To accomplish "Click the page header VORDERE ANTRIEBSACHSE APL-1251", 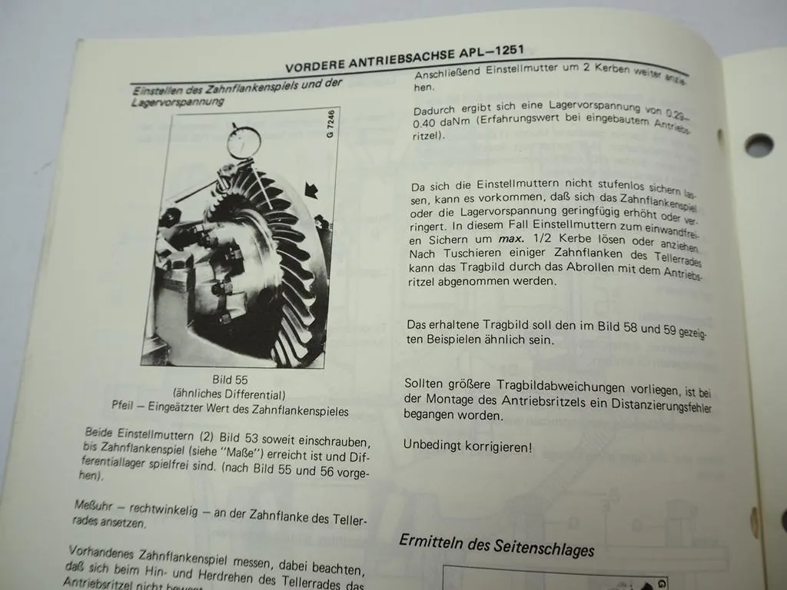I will pyautogui.click(x=404, y=58).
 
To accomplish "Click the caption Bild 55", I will pyautogui.click(x=230, y=380).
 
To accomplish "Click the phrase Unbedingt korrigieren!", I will pyautogui.click(x=467, y=446).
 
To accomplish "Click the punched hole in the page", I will pyautogui.click(x=759, y=144).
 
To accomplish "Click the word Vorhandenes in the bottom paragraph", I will pyautogui.click(x=102, y=552).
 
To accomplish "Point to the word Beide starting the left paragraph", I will pyautogui.click(x=101, y=431).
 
